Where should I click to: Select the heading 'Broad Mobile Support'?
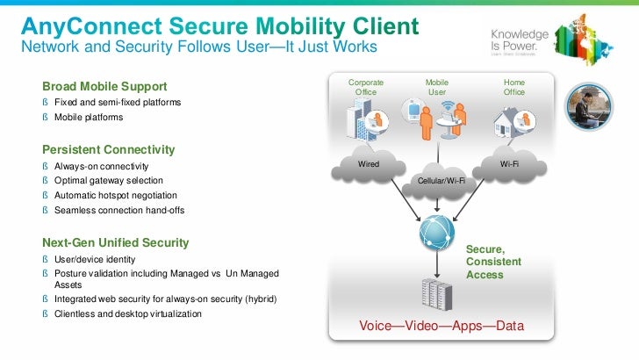pos(104,86)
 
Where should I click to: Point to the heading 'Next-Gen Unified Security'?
pos(115,241)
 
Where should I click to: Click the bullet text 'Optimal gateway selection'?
pos(109,180)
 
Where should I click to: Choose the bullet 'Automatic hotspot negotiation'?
pos(116,195)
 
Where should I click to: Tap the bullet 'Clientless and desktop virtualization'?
pos(128,313)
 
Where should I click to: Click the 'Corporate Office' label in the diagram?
pos(366,87)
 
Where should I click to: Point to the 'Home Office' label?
pos(513,87)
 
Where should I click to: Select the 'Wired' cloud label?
pos(368,163)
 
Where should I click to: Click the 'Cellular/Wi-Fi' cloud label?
pos(440,181)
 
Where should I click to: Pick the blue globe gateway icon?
pos(436,231)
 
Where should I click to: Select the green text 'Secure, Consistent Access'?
pos(492,262)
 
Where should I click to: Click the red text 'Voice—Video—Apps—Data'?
pos(442,326)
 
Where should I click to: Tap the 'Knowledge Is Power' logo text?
pos(520,40)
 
